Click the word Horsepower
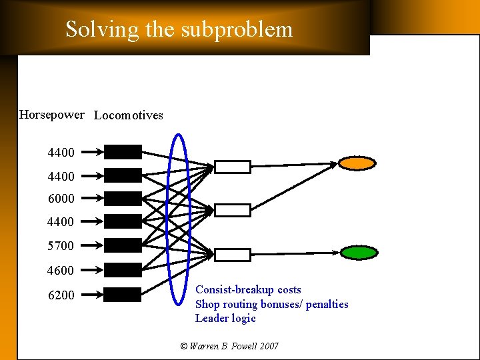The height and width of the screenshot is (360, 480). [52, 115]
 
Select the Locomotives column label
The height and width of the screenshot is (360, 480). [129, 115]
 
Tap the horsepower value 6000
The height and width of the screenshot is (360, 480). [61, 198]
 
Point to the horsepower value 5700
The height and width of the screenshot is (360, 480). [61, 246]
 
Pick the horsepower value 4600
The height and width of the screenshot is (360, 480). [61, 271]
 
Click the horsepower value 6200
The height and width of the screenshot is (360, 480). [61, 295]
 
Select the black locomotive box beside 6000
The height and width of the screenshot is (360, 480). [123, 198]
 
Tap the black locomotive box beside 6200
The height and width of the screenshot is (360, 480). [123, 295]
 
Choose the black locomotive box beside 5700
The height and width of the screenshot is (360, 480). [123, 245]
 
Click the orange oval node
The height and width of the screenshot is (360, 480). [357, 163]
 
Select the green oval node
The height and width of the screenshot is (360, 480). [359, 252]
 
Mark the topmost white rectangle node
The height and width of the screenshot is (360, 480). [233, 167]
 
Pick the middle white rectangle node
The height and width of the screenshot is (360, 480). [233, 211]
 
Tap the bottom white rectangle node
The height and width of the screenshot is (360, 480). [233, 255]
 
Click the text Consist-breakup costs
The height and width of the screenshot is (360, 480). [248, 290]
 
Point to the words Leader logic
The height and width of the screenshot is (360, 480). [225, 319]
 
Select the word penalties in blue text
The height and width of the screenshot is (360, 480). [327, 305]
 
